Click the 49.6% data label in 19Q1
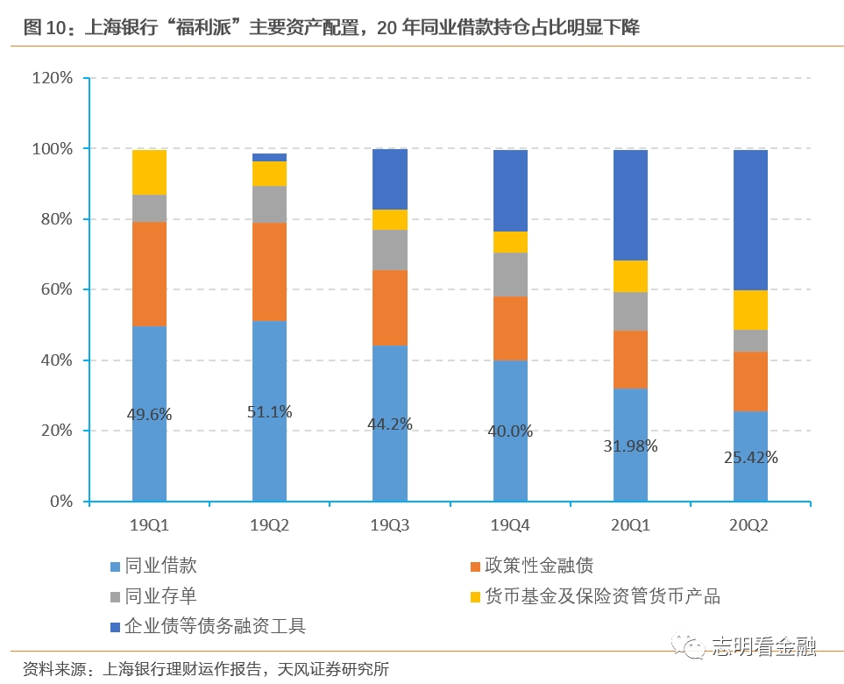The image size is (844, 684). pos(149,415)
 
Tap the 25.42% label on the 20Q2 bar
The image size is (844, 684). pos(751,457)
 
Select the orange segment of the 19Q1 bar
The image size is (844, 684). pos(149,274)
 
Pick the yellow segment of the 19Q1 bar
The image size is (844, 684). pos(149,172)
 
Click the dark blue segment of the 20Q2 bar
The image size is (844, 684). pos(750,219)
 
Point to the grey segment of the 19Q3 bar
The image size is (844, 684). pos(390,250)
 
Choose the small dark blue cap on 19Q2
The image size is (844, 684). pos(269,157)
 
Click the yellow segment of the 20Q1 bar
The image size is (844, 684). pos(630,276)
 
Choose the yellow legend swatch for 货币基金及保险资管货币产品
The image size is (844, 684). pos(475,597)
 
